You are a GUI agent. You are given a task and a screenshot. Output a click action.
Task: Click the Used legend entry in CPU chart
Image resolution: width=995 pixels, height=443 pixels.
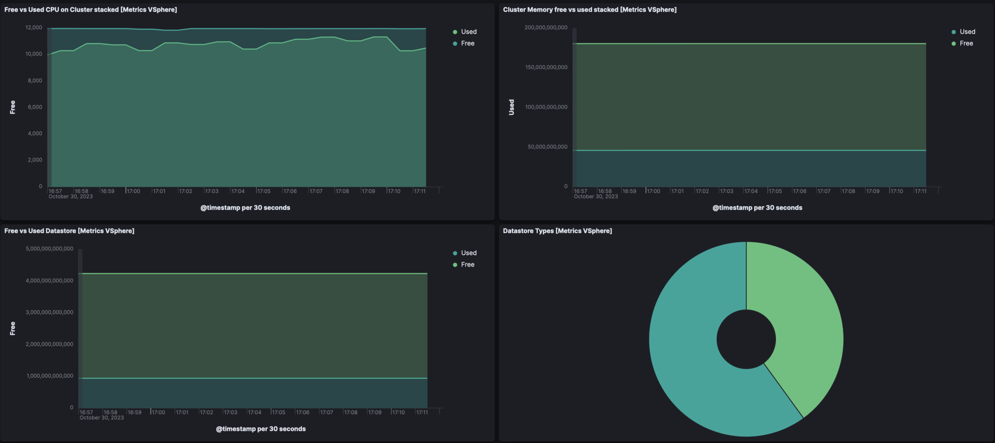coord(468,32)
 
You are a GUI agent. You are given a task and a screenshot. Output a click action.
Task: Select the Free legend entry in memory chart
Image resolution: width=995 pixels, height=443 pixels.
coord(966,43)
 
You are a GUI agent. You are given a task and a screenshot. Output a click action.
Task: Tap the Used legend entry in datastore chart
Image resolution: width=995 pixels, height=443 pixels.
coord(468,253)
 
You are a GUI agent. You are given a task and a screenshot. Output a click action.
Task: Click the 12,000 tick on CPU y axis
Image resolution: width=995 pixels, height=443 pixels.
coord(34,28)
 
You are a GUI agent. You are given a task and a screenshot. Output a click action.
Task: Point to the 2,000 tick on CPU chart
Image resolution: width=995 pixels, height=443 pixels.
coord(35,160)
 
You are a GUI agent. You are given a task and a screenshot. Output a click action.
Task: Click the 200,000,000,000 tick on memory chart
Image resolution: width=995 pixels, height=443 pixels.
coord(546,28)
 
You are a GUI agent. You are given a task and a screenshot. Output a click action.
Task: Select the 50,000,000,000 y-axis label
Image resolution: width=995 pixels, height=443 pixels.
coord(548,147)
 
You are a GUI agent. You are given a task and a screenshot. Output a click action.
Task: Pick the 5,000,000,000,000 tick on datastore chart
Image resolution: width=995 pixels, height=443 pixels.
coord(50,249)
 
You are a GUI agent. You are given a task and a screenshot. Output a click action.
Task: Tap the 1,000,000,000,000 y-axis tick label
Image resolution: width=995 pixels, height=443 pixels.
coord(50,376)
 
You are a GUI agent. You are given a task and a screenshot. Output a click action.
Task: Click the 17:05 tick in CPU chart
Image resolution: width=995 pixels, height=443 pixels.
coord(264,191)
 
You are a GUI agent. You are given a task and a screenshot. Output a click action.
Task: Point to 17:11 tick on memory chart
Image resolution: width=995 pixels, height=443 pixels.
coord(921,191)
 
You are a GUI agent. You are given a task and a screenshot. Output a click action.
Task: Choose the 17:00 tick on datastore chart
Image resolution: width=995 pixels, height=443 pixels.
coord(158,412)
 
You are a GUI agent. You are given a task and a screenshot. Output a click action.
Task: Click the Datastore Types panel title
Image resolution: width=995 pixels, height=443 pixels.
coord(557,231)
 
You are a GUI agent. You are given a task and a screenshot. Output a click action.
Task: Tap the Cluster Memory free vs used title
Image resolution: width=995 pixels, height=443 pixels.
coord(589,10)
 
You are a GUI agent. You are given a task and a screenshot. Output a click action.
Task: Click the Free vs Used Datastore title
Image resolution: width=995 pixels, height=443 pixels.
coord(69,231)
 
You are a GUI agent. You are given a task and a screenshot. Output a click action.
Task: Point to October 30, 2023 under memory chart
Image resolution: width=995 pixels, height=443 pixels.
coord(596,196)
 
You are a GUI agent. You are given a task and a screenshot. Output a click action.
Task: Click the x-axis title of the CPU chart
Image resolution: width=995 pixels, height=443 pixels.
coord(245,208)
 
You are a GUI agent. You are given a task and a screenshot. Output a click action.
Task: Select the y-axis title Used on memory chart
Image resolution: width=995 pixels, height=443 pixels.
coord(511,107)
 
